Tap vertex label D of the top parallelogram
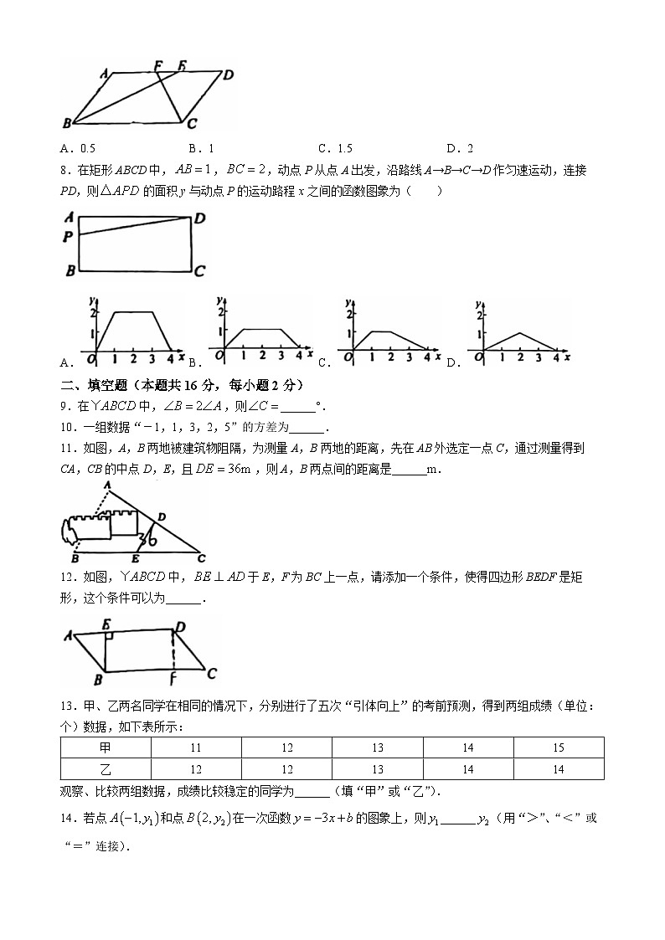[228, 75]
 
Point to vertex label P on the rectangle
[68, 237]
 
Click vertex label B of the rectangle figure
[70, 270]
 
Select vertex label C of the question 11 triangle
[200, 557]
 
